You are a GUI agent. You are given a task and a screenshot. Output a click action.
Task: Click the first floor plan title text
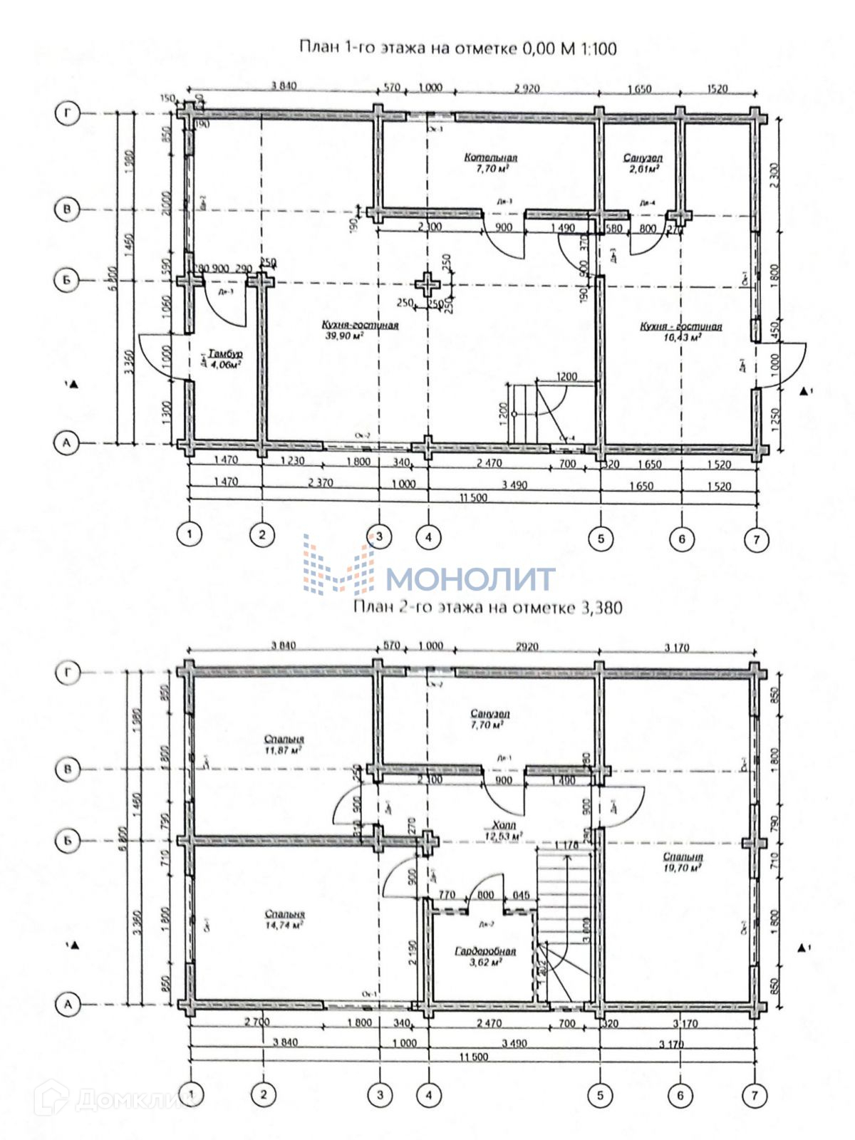click(457, 48)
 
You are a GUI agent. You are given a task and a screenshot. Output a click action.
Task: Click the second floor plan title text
click(487, 607)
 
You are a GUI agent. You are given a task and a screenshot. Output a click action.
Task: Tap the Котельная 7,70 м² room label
click(491, 163)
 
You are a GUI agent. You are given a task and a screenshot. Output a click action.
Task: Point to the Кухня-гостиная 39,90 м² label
click(361, 330)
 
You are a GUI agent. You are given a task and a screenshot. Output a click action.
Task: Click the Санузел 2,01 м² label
click(643, 163)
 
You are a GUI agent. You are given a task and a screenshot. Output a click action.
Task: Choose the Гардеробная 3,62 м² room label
click(484, 955)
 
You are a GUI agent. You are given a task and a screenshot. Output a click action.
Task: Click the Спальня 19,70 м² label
click(683, 862)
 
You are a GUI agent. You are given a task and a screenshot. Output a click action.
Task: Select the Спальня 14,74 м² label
click(284, 919)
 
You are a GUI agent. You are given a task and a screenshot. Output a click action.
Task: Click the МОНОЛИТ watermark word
click(470, 579)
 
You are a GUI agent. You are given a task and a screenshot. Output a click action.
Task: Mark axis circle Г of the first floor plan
click(68, 113)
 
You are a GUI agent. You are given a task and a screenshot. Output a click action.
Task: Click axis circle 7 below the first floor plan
click(756, 539)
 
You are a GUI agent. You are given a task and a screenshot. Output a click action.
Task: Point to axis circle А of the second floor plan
click(68, 1005)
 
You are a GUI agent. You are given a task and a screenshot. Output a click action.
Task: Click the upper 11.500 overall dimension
click(473, 497)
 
